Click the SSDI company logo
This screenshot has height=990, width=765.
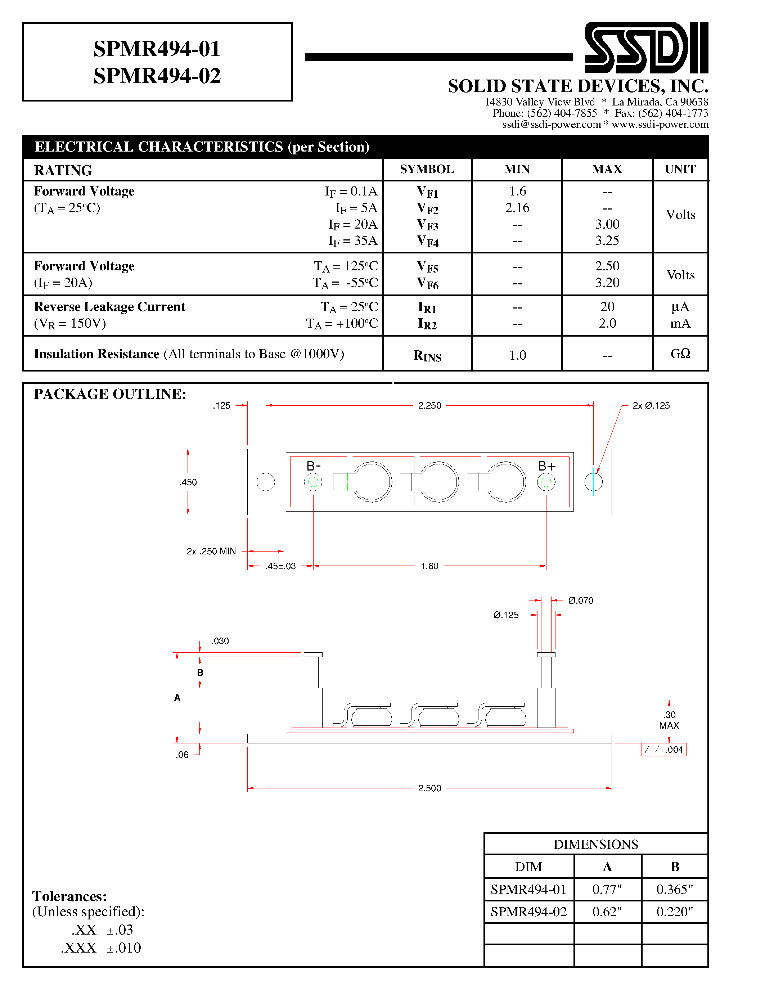[646, 48]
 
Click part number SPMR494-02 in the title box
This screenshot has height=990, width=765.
[157, 76]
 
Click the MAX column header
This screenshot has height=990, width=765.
[607, 170]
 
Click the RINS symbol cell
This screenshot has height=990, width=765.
[427, 356]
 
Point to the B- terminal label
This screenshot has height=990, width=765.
[314, 466]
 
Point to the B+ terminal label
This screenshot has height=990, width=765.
[546, 466]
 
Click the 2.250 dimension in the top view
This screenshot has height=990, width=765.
[429, 406]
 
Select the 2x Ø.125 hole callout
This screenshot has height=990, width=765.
[651, 406]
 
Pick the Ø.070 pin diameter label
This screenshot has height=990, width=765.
[581, 600]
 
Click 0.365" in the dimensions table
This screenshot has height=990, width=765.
[674, 889]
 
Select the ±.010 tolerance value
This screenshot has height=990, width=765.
[124, 948]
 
